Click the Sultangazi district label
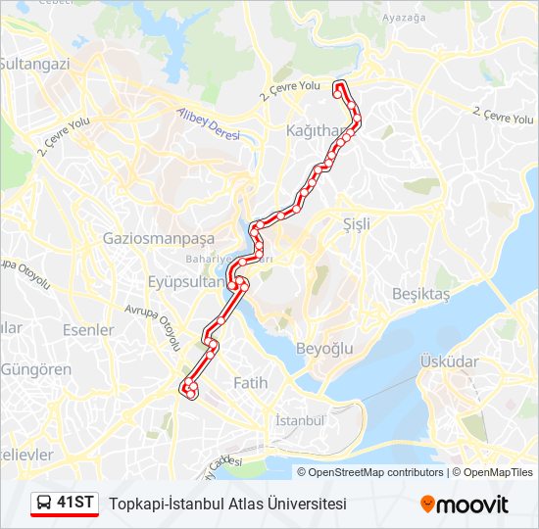pos(34,64)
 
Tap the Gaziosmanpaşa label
pos(158,238)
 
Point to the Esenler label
pos(88,330)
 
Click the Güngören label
pos(36,369)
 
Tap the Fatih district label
pos(250,384)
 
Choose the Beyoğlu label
pos(323,349)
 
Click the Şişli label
pos(357,224)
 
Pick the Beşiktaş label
pos(420,294)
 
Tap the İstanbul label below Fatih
pos(300,420)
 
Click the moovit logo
pos(465,505)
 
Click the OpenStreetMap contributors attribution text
pos(376,472)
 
